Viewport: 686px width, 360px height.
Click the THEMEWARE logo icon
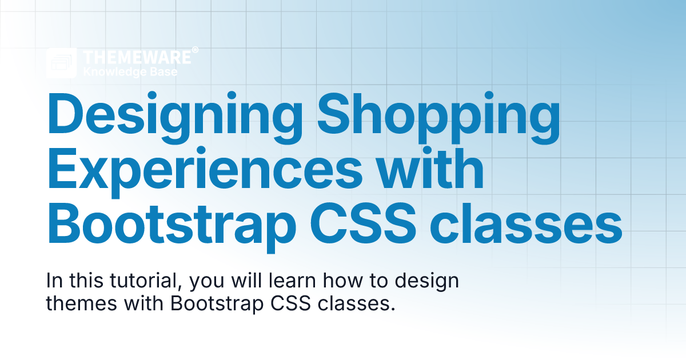[x=62, y=63]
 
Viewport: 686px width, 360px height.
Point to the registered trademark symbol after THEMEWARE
[x=195, y=51]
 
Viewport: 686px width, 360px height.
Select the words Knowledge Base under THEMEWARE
[x=130, y=72]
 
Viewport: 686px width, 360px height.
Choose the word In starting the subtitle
[x=54, y=282]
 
